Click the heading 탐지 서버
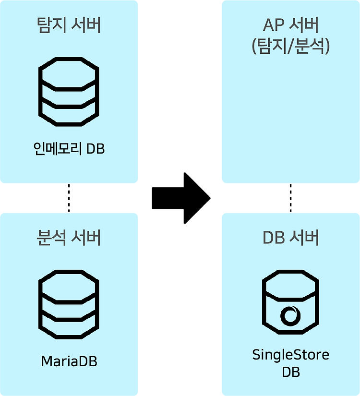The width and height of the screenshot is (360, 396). [x=69, y=25]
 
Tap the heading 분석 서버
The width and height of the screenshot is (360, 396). [x=69, y=238]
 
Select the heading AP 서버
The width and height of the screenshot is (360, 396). [x=291, y=25]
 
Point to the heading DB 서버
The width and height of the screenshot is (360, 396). [x=291, y=238]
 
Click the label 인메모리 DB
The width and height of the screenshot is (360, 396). [x=69, y=149]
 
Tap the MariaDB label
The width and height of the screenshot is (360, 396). [x=69, y=361]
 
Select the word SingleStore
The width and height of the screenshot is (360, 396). [x=291, y=355]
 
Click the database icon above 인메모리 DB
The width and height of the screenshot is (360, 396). [x=69, y=94]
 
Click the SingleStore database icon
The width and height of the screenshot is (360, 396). [x=291, y=306]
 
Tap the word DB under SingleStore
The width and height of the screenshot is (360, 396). [x=291, y=372]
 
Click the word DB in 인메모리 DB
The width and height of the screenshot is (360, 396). [x=96, y=149]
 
